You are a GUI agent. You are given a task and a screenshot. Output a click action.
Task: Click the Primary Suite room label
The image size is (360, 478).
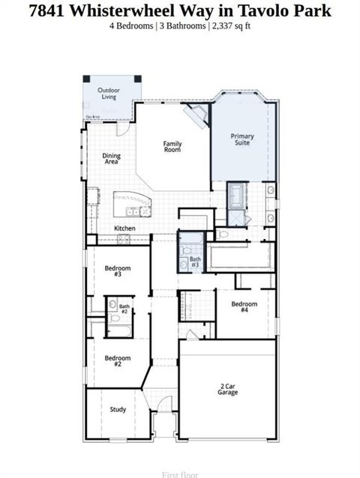pos(242,139)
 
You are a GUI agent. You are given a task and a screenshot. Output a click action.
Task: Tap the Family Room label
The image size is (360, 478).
pos(173,147)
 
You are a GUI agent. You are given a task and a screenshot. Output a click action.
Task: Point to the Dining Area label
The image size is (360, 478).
pos(111,159)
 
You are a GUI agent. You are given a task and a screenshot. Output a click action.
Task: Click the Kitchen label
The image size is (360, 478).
pos(124,228)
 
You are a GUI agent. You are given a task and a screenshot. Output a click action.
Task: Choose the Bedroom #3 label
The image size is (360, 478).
pos(118,271)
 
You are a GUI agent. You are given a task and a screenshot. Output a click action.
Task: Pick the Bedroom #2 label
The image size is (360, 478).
pos(118,361)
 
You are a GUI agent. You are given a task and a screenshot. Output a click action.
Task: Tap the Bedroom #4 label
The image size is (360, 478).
pos(244,306)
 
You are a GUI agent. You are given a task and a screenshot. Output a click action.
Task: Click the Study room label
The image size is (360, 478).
pos(118,410)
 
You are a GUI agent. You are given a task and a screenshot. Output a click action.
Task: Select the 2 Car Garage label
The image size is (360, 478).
pos(228,389)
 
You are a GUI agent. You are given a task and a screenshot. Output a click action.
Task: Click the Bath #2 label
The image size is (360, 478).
pos(124,308)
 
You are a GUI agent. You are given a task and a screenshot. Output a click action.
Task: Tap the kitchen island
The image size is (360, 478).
pos(132,205)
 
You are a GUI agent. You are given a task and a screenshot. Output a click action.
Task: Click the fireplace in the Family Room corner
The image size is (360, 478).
pos(197,114)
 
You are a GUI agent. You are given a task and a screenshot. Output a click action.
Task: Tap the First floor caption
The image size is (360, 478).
pos(180,474)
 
